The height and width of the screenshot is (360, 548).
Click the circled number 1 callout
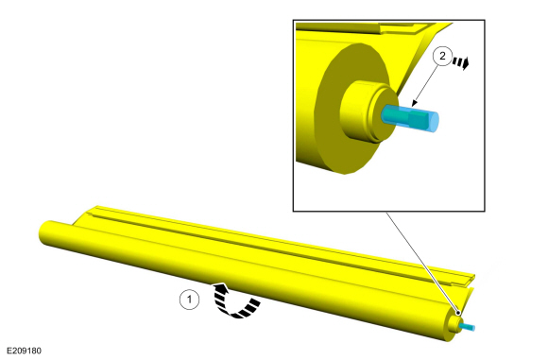pos(189,300)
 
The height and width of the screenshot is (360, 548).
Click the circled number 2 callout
pos(442,56)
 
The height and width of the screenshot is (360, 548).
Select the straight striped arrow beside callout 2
pos(461,63)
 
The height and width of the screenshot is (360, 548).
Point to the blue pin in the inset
pos(410,119)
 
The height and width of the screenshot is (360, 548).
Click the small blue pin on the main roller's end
pos(468,327)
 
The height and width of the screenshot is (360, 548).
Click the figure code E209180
pos(24,351)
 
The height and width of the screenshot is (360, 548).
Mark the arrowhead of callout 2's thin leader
pos(414,103)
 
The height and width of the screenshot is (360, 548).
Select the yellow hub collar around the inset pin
pos(364,111)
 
